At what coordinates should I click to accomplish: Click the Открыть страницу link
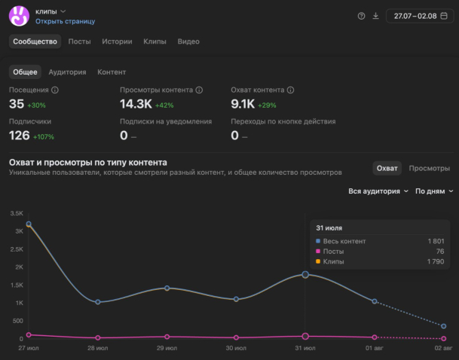coord(66,21)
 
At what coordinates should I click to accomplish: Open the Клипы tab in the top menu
coord(155,41)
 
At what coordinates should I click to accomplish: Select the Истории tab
coord(117,41)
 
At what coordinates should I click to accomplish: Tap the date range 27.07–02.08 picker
coord(420,16)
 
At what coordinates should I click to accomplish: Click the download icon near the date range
coord(375,16)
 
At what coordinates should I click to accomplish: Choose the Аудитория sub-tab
coord(67,72)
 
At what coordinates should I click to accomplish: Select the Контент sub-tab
coord(112,72)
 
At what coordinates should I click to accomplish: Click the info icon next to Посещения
coord(55,90)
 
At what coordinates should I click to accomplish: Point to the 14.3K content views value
coord(136,104)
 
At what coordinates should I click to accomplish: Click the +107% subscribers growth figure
coord(44,137)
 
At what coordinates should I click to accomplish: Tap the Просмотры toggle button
coord(429,168)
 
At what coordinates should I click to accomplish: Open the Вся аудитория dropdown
coord(378,191)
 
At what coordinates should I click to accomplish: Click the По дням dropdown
coord(434,191)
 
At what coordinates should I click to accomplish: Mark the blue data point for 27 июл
coord(29,224)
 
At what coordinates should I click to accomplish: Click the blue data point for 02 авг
coord(443,326)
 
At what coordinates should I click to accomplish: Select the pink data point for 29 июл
coord(167,337)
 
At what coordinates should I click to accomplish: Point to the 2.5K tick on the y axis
coord(17,249)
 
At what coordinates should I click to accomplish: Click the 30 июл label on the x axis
coord(236,348)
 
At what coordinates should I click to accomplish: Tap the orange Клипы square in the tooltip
coord(318,261)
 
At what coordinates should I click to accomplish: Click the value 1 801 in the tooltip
coord(436,241)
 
